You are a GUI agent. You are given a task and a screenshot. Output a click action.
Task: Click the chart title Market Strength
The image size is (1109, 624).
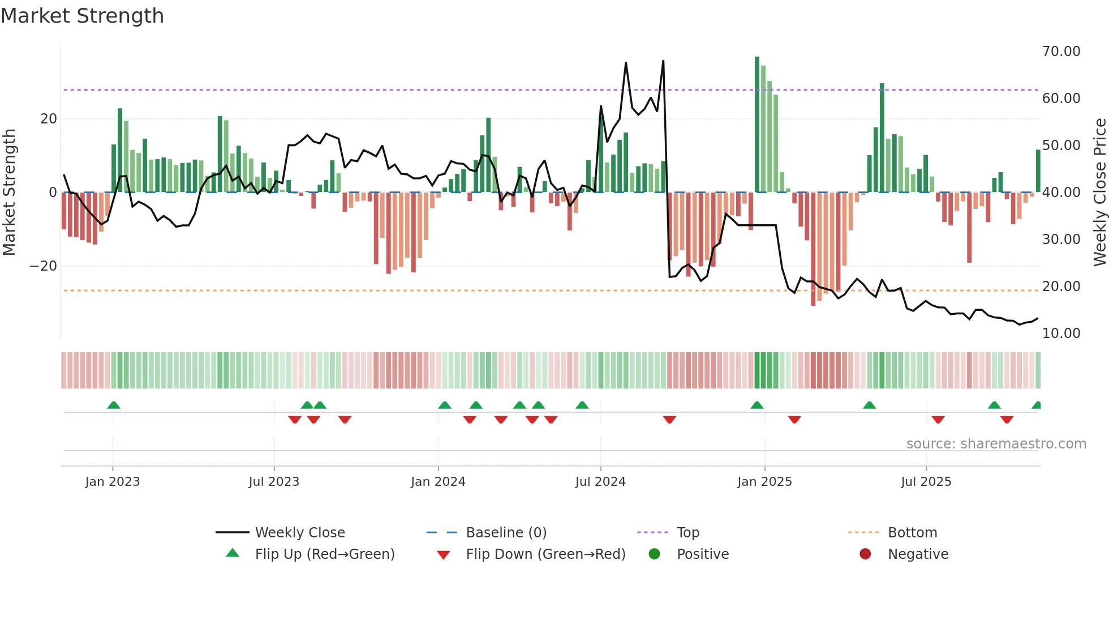(82, 16)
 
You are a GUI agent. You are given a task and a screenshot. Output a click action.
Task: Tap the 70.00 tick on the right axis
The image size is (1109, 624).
(1061, 52)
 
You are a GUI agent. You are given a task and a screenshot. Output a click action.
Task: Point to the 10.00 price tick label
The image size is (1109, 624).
(1061, 334)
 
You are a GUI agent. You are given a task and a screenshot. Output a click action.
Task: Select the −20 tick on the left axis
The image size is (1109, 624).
(44, 266)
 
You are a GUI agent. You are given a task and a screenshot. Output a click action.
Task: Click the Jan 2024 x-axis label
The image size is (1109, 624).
(438, 482)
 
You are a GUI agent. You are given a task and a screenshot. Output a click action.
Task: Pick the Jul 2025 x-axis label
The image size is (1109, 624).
(926, 482)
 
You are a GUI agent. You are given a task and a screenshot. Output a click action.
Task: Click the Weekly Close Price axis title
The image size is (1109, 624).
(1099, 193)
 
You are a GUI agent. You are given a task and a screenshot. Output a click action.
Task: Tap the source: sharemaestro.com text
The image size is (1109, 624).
(996, 444)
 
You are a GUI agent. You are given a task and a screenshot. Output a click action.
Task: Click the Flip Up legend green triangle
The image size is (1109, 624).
(233, 553)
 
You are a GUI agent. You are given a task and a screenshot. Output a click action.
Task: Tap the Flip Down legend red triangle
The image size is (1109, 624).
(444, 555)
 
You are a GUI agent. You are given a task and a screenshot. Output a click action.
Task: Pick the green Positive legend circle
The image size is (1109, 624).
(655, 554)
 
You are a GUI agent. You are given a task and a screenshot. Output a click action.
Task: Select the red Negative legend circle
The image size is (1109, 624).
(865, 554)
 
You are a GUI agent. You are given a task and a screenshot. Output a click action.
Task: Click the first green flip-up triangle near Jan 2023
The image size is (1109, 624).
(114, 405)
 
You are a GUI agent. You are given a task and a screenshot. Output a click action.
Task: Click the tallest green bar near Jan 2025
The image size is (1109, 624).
(757, 125)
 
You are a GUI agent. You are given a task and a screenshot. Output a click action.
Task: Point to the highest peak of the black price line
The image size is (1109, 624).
(663, 61)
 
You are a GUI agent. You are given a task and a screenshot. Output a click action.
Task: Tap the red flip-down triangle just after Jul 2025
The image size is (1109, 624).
(938, 420)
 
